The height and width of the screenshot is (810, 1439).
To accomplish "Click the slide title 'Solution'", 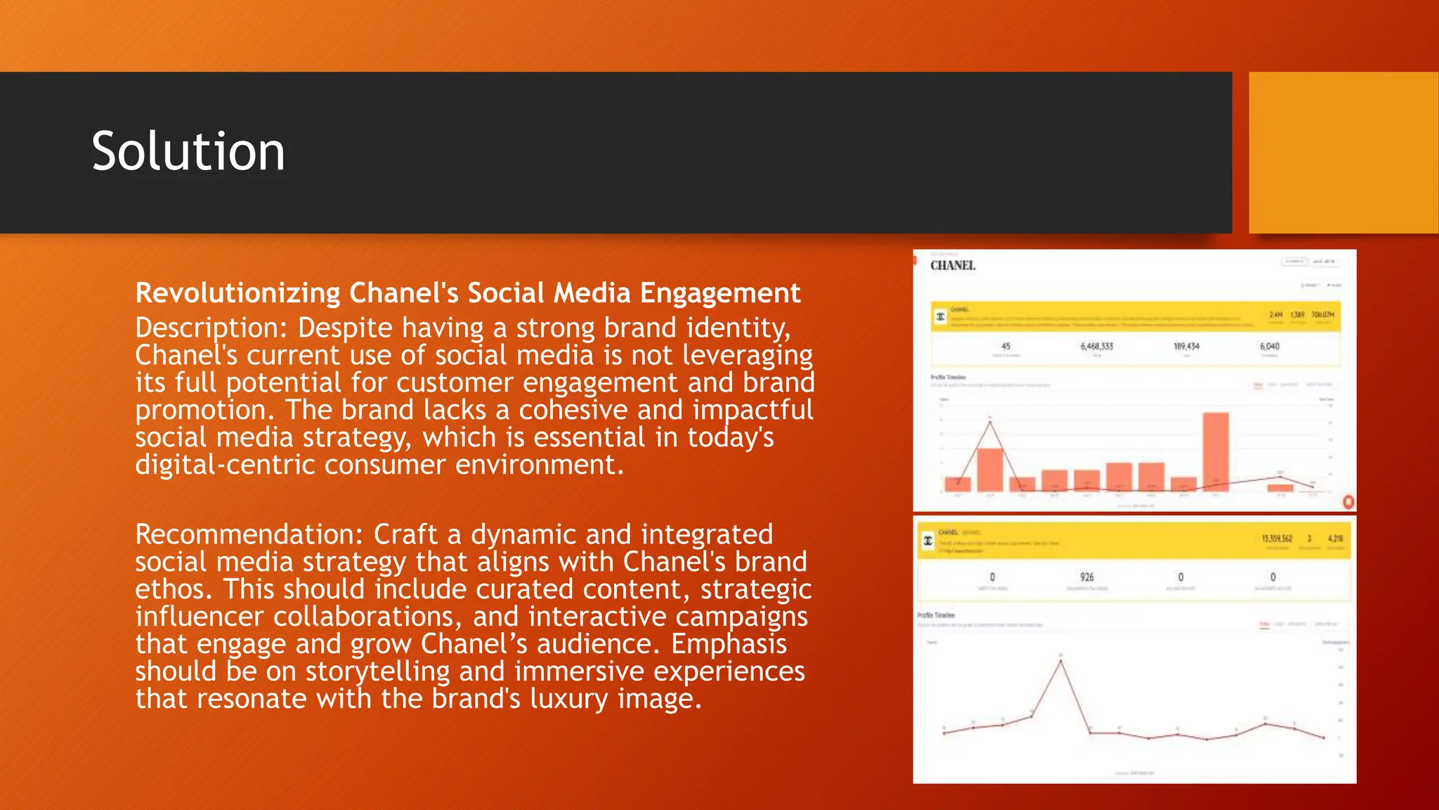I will [x=188, y=152].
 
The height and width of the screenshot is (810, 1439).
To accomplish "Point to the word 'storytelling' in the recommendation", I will [x=377, y=671].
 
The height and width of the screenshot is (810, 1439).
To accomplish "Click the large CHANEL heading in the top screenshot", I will [x=953, y=266].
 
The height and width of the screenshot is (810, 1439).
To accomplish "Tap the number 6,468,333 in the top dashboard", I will [x=1097, y=347].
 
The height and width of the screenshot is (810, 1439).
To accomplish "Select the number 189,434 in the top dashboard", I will [x=1187, y=347].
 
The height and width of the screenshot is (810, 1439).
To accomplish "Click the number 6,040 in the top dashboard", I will [x=1270, y=347].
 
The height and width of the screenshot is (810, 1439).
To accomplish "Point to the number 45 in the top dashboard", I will [x=1005, y=347].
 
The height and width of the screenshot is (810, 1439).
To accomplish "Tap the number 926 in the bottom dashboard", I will [x=1087, y=577].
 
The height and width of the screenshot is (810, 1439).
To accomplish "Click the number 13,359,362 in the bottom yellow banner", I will [x=1277, y=539].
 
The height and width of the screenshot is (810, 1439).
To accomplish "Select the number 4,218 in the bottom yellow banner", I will [x=1335, y=539].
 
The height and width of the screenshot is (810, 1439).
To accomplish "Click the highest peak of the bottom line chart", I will [x=1061, y=660].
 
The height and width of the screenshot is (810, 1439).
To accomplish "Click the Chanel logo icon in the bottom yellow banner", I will [x=928, y=541].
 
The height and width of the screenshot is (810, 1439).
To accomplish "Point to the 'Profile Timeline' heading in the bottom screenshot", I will [x=936, y=615].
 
